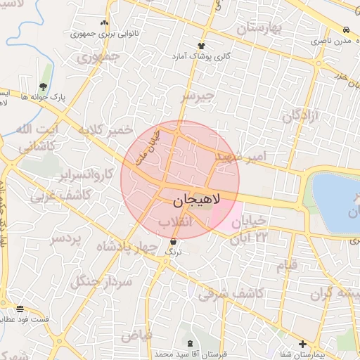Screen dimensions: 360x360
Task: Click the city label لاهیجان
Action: (195, 200)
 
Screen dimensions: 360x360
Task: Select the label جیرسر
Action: (196, 96)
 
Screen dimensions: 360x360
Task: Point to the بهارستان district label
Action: (258, 29)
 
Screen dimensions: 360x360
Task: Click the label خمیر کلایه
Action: (105, 131)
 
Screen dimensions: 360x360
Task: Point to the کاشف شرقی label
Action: (231, 293)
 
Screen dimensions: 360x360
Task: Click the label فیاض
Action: (136, 335)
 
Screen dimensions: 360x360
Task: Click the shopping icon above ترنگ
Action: (173, 241)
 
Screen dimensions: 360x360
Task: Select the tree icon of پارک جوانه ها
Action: (44, 86)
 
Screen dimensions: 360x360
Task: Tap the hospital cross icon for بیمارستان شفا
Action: (302, 344)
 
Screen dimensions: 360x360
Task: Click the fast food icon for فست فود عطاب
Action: (19, 308)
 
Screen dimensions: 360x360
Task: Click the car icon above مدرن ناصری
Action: (346, 30)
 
